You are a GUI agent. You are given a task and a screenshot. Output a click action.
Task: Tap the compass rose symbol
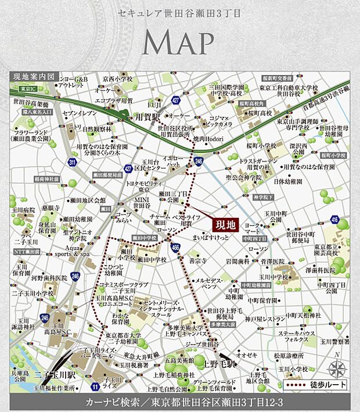click(x=337, y=368)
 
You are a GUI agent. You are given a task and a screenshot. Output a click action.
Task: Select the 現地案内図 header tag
click(x=34, y=76)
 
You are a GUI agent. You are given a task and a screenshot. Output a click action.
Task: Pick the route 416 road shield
click(x=335, y=218)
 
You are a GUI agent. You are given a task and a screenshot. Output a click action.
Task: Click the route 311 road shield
click(x=71, y=162)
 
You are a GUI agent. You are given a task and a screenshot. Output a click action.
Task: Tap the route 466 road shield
click(x=177, y=248)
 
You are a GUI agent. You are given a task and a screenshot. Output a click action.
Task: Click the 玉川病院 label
click(x=22, y=209)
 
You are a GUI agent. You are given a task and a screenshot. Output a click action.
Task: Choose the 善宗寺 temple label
click(x=198, y=261)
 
